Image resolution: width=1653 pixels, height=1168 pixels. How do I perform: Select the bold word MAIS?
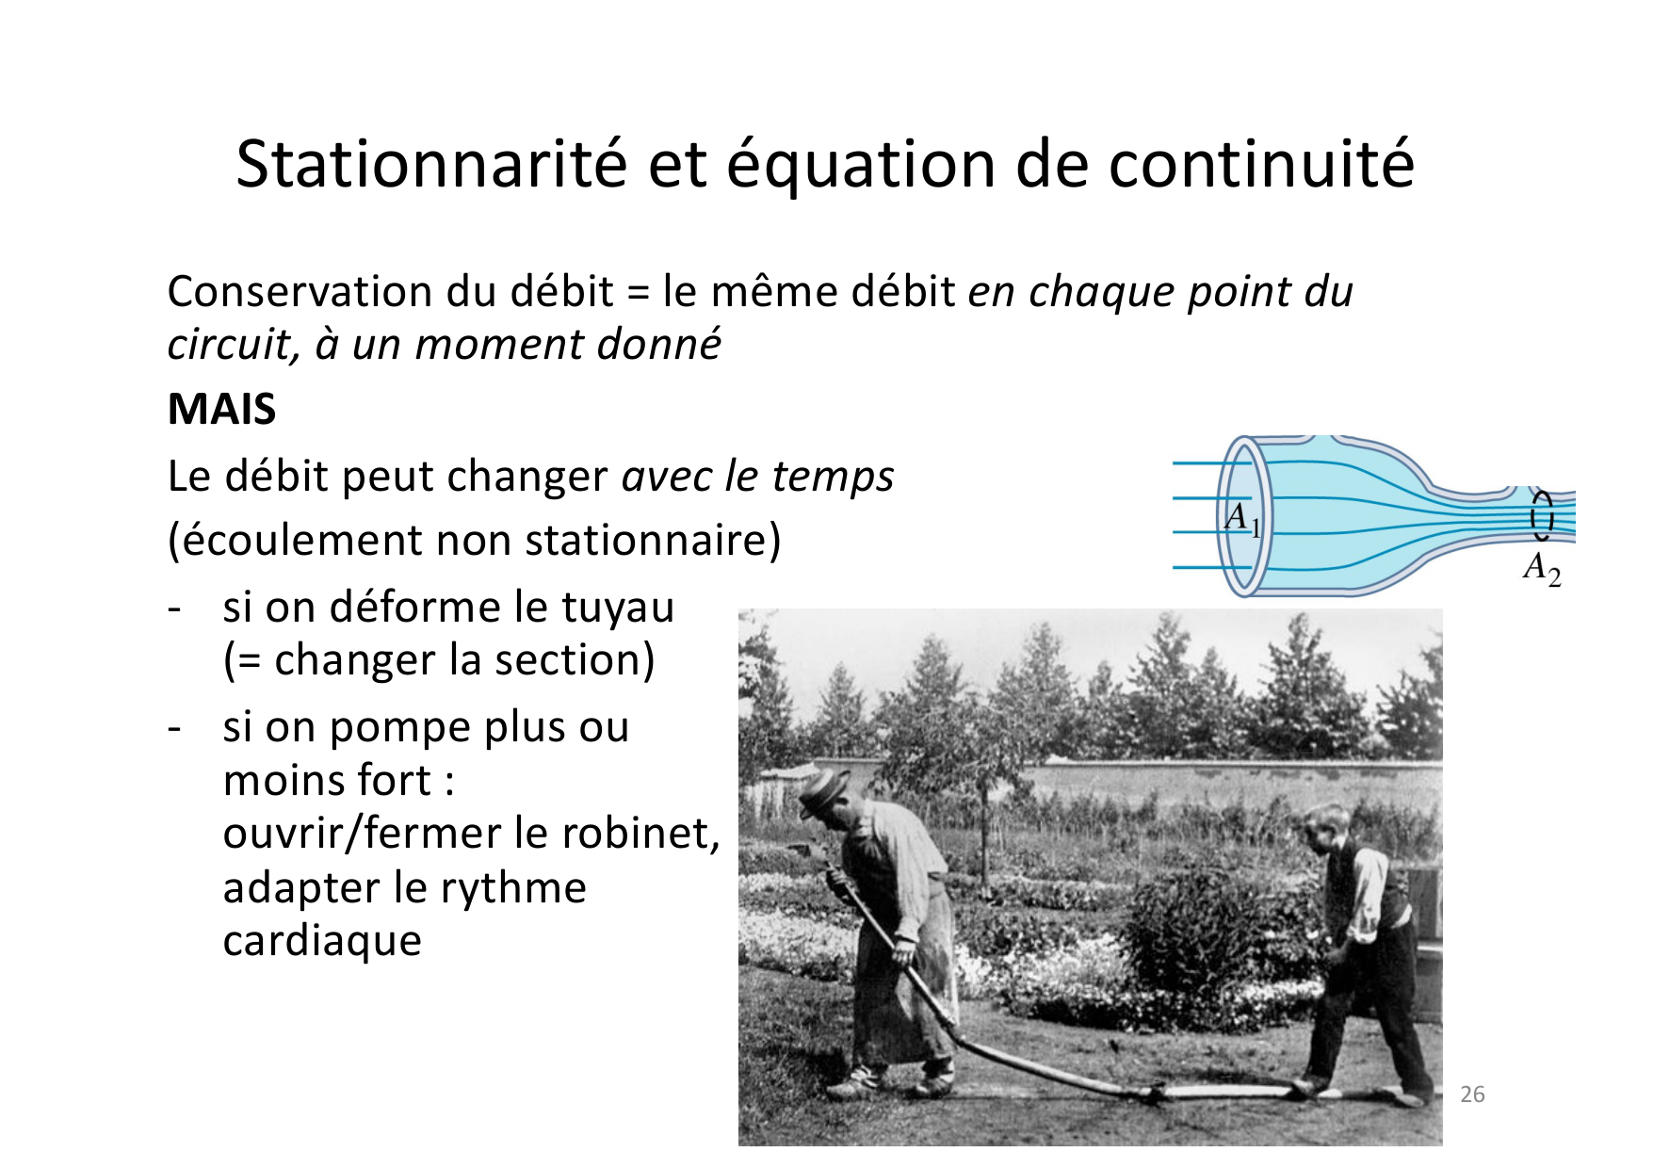(x=221, y=410)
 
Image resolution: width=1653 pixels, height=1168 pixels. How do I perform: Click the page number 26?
(x=1472, y=1094)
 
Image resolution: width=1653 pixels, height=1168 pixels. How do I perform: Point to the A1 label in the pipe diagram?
(x=1241, y=518)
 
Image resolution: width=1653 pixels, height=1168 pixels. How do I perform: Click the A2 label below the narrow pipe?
(x=1542, y=568)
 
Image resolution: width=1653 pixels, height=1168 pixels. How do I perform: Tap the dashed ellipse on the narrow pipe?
(x=1542, y=514)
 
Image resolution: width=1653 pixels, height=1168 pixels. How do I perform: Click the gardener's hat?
(x=824, y=789)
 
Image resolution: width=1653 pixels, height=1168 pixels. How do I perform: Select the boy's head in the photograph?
(x=1329, y=825)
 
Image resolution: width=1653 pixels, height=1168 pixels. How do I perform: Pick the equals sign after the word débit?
(x=638, y=294)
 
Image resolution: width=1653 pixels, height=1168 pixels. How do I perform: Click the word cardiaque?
(x=322, y=940)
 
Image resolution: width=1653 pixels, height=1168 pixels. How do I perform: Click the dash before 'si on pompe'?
(x=173, y=728)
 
